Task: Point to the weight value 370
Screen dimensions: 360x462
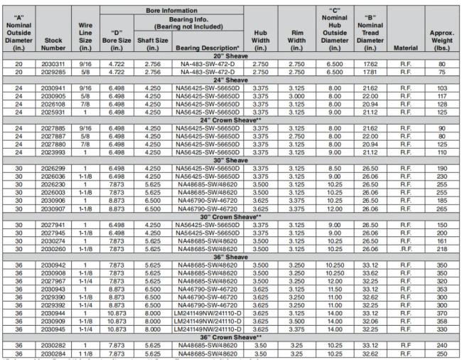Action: pyautogui.click(x=441, y=313)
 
